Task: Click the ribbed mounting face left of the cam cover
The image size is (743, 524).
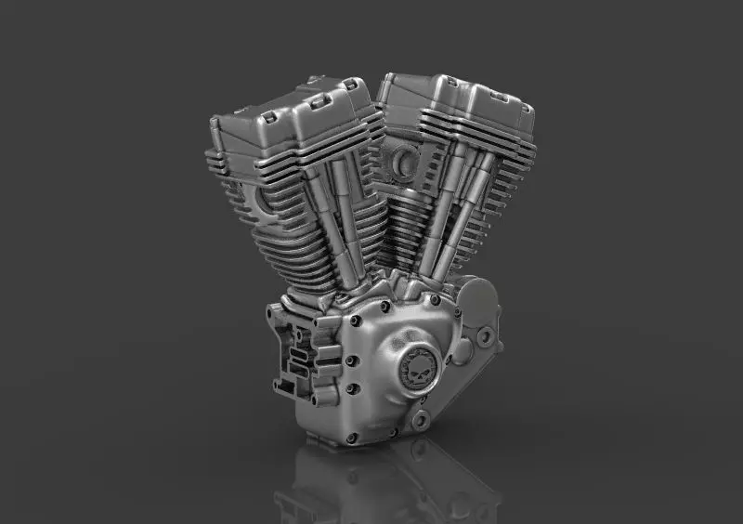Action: [293, 353]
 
